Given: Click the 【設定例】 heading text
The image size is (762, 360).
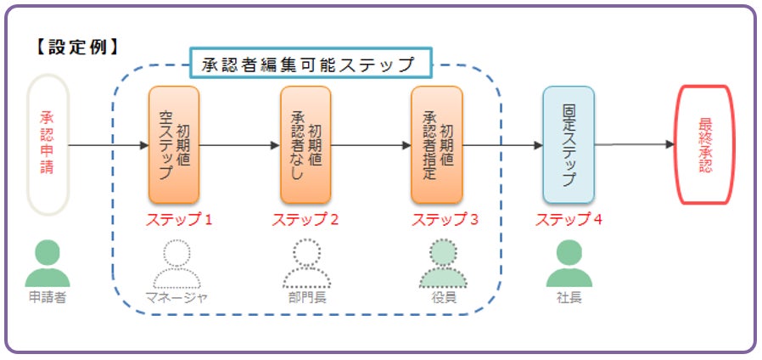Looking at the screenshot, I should click(x=76, y=46).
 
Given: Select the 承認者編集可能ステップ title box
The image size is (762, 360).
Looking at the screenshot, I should click(x=311, y=64).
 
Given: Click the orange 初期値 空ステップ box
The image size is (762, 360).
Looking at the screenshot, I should click(x=174, y=144).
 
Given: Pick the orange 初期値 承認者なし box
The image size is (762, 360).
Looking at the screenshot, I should click(x=305, y=144).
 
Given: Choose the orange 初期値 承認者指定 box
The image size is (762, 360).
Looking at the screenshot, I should click(x=436, y=144).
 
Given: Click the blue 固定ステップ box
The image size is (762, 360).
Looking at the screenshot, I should click(x=569, y=144).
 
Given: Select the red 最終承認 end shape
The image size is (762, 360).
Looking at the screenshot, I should click(x=704, y=144).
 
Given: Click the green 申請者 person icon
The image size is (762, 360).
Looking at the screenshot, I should click(x=48, y=263).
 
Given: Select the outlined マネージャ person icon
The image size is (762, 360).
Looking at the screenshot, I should click(x=176, y=263).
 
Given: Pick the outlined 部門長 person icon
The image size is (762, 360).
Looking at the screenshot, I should click(x=306, y=263).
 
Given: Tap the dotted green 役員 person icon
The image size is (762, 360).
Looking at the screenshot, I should click(x=442, y=263).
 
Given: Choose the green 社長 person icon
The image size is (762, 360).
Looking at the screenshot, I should click(x=569, y=263).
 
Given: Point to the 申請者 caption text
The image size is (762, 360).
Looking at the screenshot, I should click(x=48, y=297).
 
